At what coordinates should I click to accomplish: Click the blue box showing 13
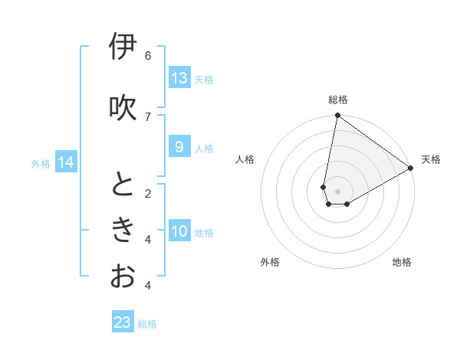point(179,78)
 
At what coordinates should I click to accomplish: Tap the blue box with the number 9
point(179,147)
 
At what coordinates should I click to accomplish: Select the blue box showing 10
point(179,232)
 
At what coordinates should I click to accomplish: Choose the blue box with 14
point(66,162)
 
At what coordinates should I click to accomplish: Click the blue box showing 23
point(123,322)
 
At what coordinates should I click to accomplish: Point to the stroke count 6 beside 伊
point(148,55)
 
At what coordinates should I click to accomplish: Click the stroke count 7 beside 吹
point(148,116)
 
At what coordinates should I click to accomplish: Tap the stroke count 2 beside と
point(148,193)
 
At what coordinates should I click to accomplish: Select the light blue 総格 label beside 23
point(147,324)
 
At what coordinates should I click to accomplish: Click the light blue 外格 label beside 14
point(41,163)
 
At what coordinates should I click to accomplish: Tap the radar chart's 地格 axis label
point(402,262)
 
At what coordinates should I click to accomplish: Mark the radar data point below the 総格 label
point(337,116)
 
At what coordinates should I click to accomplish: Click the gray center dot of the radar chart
point(337,191)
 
